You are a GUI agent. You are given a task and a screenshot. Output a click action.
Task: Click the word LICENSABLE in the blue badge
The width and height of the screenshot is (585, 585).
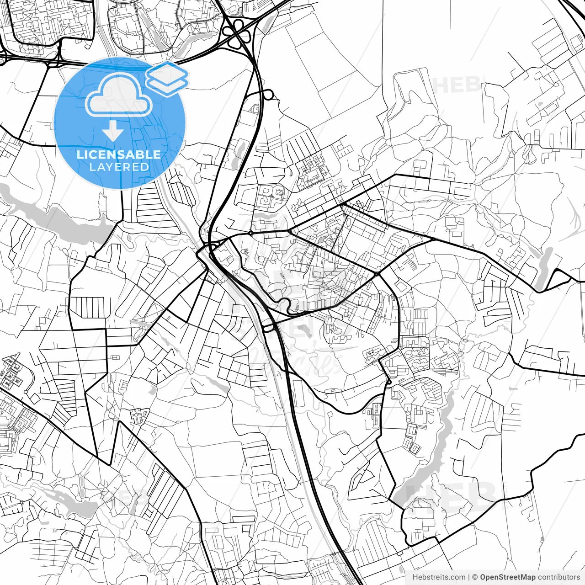point(119,154)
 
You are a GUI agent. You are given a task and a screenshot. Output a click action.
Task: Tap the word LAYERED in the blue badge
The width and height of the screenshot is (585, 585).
point(119,167)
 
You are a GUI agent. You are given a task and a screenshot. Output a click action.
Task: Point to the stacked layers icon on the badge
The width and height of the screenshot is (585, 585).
point(167,79)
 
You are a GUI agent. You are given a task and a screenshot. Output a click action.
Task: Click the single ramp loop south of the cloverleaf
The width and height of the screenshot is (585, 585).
point(268,95)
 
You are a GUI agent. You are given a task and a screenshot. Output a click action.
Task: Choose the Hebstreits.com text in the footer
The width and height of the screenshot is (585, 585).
point(439,577)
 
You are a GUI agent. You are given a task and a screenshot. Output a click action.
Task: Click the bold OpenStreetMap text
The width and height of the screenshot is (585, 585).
point(508,577)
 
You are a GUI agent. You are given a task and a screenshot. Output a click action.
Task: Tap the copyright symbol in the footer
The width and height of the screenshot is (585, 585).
point(475,577)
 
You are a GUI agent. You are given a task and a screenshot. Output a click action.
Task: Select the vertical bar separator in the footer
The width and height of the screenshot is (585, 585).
point(469,577)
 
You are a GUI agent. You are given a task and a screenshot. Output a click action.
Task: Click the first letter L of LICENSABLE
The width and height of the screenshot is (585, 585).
point(80,154)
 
